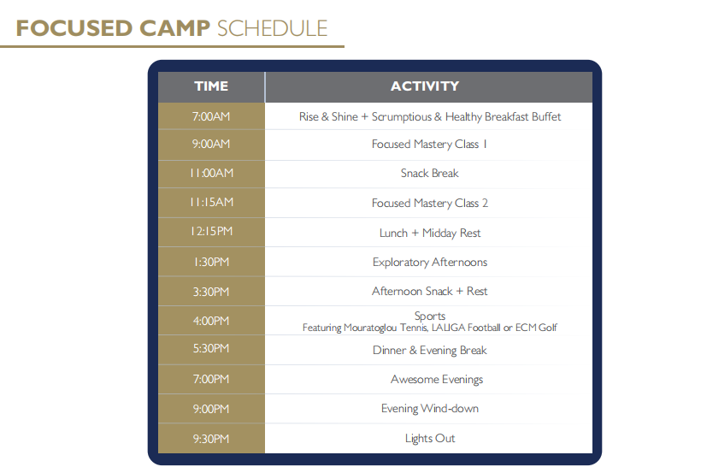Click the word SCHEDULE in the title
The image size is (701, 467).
[x=272, y=28]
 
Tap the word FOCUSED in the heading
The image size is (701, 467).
[x=74, y=28]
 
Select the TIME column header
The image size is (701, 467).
[x=211, y=86]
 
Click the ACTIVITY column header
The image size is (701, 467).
[x=425, y=86]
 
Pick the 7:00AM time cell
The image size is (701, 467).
[x=211, y=116]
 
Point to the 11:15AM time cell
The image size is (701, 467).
[x=211, y=202]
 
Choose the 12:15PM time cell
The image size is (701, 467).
[x=211, y=231]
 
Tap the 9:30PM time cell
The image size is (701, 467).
[x=211, y=439]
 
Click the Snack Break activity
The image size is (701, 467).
[x=430, y=173]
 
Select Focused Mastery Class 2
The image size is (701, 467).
[x=430, y=203]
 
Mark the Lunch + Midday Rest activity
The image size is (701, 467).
[x=430, y=233]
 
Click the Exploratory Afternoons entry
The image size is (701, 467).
[x=430, y=262]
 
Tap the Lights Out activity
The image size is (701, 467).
[x=430, y=439]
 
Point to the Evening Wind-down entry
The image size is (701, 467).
[x=430, y=408]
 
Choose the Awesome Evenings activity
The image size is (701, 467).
[x=437, y=379]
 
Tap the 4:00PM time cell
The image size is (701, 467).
[x=211, y=321]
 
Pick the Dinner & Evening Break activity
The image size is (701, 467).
[x=430, y=351]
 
